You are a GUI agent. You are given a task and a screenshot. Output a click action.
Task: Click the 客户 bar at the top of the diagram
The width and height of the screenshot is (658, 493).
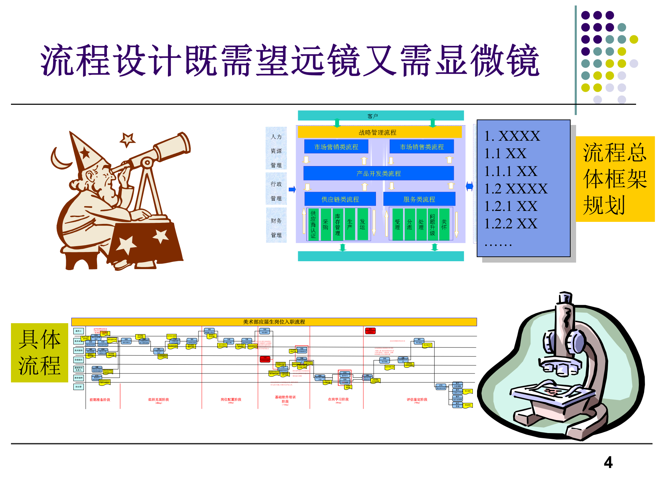[x=380, y=116]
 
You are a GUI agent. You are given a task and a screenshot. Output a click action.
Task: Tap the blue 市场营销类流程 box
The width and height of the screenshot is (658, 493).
[x=336, y=147]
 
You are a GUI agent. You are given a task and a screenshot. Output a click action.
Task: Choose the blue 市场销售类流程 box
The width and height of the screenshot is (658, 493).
[x=422, y=147]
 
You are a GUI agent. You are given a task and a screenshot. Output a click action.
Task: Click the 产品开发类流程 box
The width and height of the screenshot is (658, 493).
[x=378, y=173]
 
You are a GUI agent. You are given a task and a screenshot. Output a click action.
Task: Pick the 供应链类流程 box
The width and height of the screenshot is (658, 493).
[x=340, y=199]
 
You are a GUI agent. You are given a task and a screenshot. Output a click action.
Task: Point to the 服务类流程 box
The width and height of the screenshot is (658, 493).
[x=419, y=199]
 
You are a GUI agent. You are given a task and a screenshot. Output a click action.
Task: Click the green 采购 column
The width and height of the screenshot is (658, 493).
[x=326, y=225]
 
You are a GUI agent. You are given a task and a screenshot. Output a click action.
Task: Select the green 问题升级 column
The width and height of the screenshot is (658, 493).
[x=432, y=225]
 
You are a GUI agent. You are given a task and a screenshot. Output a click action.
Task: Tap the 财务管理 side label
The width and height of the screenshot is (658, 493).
[x=276, y=228]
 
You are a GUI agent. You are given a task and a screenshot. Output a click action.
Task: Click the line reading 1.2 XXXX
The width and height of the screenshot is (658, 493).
[x=516, y=189]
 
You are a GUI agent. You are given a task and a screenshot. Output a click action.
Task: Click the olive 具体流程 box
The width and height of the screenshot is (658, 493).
[x=39, y=353]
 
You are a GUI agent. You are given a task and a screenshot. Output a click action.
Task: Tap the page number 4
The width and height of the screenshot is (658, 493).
[x=608, y=463]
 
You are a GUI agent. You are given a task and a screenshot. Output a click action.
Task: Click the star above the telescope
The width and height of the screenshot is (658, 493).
[x=127, y=140]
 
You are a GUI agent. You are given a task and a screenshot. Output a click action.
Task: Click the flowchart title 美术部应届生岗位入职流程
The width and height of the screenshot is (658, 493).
[x=274, y=322]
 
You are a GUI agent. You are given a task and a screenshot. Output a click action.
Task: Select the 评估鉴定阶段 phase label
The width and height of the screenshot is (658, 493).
[x=417, y=400]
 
